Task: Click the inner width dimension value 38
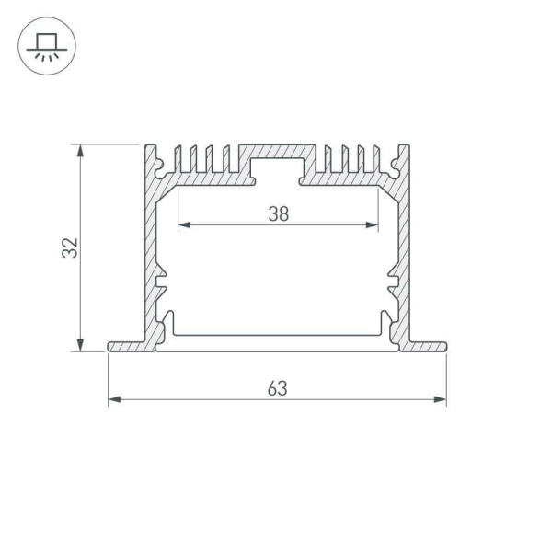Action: click(279, 214)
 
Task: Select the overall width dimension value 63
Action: click(278, 388)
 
